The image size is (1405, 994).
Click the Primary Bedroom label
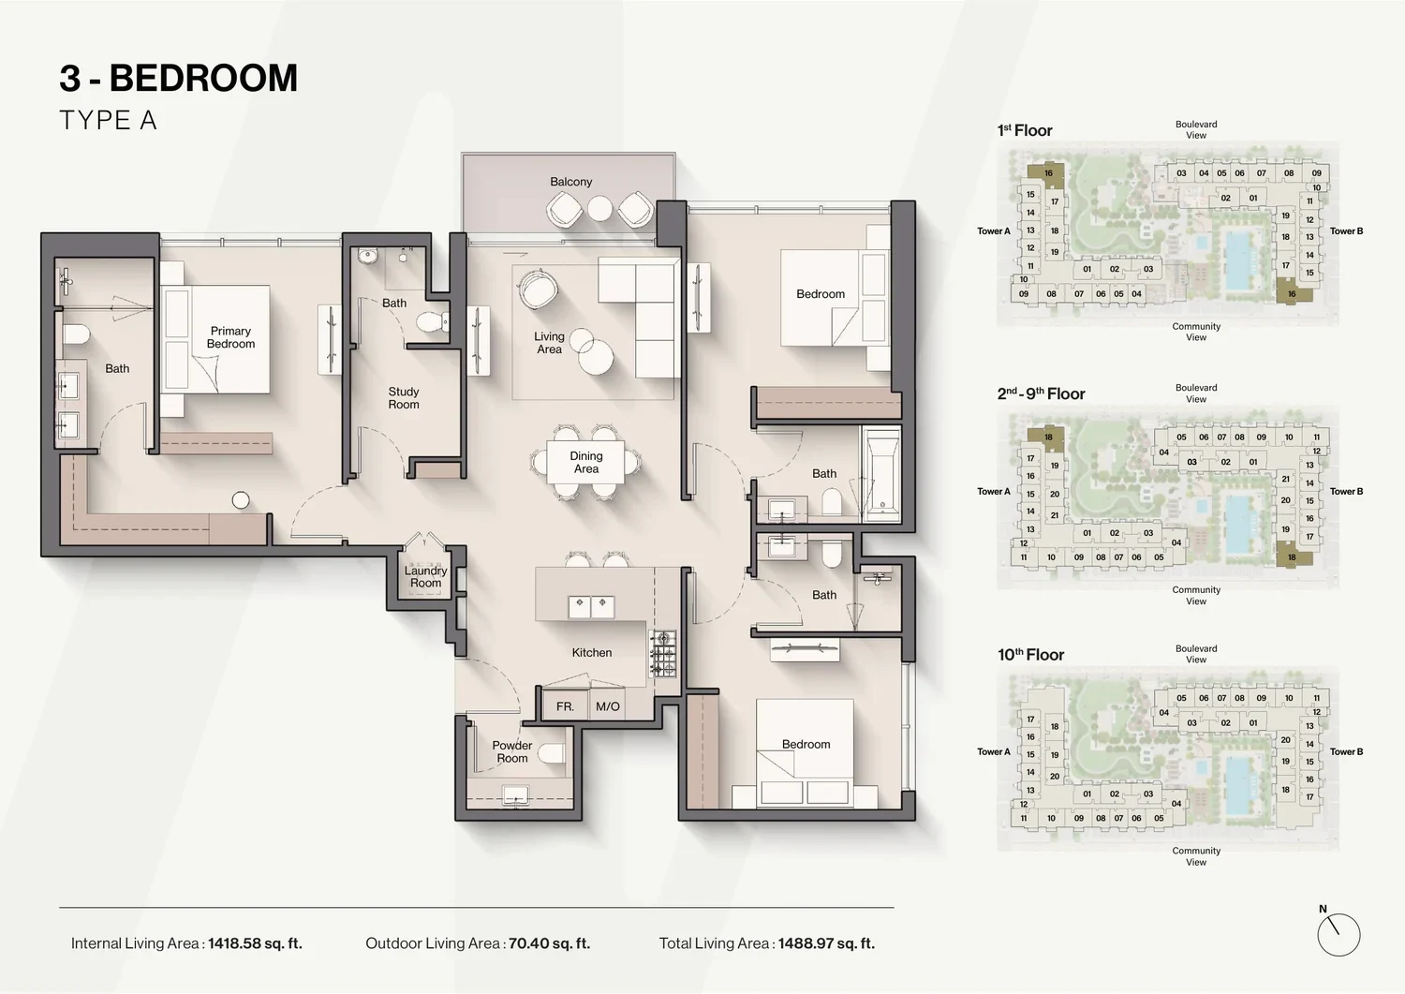click(230, 337)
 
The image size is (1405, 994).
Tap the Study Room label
click(404, 398)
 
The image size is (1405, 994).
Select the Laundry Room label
click(426, 577)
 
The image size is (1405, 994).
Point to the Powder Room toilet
click(552, 752)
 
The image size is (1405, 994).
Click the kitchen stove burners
click(663, 654)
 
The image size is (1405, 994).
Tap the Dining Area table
click(585, 462)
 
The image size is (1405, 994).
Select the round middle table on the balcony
click(599, 209)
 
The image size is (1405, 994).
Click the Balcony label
click(570, 182)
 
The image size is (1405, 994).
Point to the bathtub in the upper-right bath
click(882, 474)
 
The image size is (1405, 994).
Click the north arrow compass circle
click(1338, 935)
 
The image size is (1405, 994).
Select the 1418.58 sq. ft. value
click(256, 943)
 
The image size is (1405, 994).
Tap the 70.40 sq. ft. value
click(550, 943)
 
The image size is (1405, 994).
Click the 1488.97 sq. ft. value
click(827, 943)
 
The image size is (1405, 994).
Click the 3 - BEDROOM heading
click(179, 78)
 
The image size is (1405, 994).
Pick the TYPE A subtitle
click(108, 120)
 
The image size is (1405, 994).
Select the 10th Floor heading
click(1030, 655)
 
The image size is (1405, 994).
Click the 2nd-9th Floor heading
click(1042, 393)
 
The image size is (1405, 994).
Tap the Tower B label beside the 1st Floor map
click(1347, 230)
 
